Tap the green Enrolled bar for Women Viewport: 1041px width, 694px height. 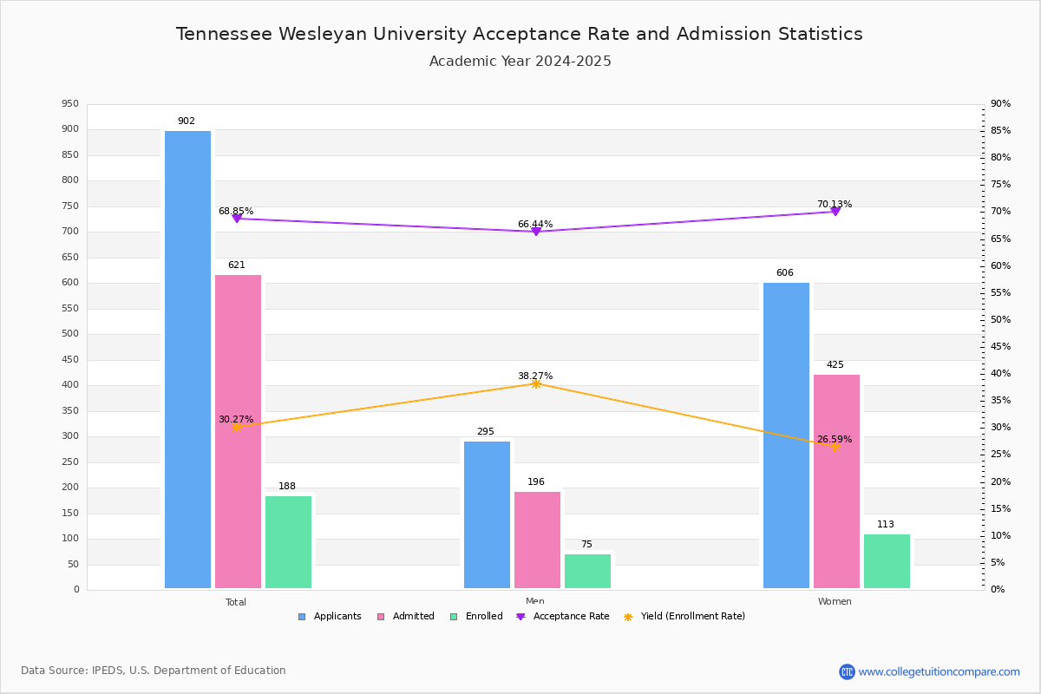[x=887, y=560]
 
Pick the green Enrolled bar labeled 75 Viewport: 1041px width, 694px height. [x=587, y=571]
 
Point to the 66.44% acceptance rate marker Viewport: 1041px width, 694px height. [x=536, y=232]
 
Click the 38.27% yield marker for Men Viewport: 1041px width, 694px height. [x=536, y=383]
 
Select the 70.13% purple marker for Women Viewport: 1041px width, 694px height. [x=835, y=212]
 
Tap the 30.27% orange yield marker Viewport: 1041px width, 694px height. [x=236, y=427]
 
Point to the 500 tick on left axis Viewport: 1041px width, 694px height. [x=70, y=334]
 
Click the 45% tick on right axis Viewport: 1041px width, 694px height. [x=1000, y=347]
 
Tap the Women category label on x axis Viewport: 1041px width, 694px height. [x=835, y=602]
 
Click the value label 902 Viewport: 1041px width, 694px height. [x=187, y=121]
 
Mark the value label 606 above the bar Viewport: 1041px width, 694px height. [x=785, y=273]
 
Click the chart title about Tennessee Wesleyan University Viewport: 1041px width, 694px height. [x=520, y=34]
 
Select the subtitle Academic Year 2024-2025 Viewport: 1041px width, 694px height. [x=520, y=62]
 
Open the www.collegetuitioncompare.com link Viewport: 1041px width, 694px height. [x=939, y=671]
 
